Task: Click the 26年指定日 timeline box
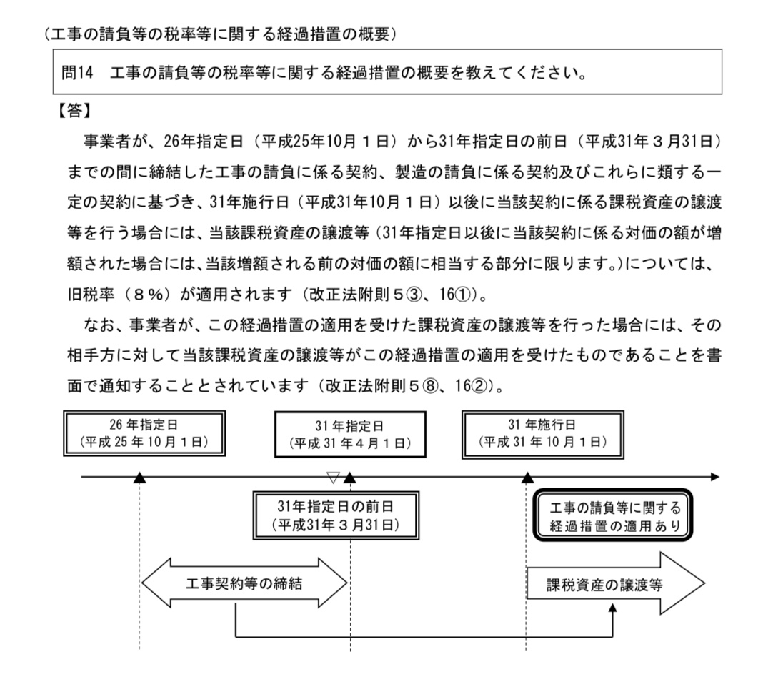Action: coord(144,433)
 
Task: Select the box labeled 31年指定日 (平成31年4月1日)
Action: coord(350,434)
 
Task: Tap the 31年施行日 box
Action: coord(542,434)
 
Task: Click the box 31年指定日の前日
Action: coord(336,515)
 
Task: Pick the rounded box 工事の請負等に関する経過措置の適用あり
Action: coord(613,515)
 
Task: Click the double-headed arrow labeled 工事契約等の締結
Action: coord(244,583)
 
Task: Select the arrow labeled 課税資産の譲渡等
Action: coord(616,583)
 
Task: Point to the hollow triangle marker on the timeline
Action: coord(333,477)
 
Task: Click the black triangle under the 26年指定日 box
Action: coord(139,478)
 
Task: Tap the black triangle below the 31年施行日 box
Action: coord(527,478)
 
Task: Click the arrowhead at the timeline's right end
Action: coord(715,477)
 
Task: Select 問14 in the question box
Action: coord(77,73)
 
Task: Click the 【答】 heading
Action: coord(74,111)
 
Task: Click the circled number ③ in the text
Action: coord(414,295)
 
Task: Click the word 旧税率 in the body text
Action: coord(91,295)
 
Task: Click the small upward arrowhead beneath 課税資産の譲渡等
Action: coord(613,608)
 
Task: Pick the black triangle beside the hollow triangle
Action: coord(350,478)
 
